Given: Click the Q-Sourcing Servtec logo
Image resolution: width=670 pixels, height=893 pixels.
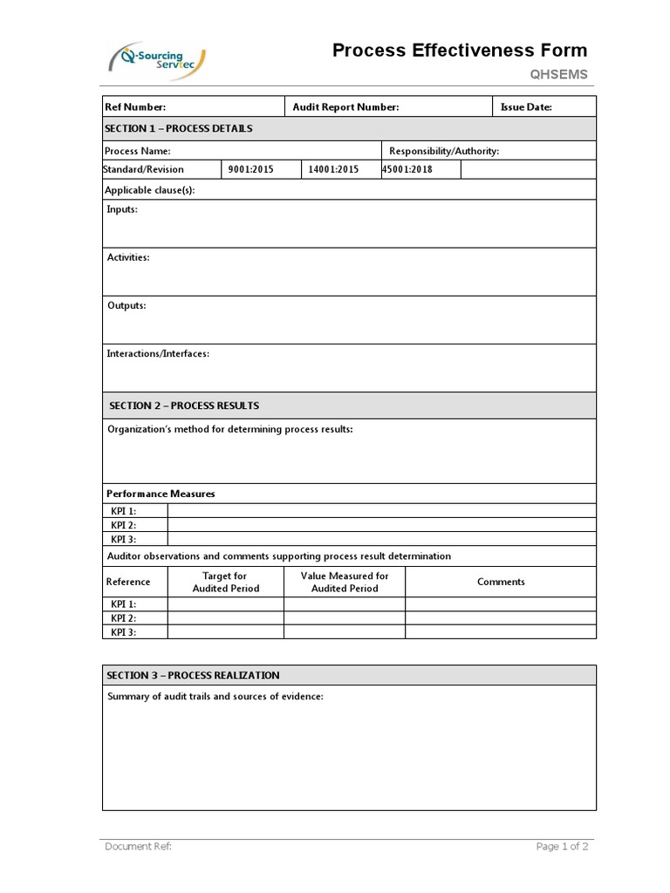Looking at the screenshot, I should click(157, 60).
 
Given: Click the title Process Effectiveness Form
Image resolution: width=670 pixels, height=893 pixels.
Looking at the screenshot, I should click(459, 51).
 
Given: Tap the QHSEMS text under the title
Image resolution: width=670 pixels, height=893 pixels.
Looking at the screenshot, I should click(559, 75).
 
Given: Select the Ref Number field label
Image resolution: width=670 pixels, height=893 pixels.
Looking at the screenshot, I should click(135, 107).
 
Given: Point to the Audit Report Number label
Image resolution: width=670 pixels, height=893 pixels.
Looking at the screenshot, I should click(345, 107).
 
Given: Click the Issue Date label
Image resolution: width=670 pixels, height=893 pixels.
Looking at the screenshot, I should click(526, 107).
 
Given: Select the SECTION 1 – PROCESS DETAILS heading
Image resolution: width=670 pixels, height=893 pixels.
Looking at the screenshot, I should click(179, 128).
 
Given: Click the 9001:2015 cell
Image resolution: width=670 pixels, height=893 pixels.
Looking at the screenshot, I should click(250, 170).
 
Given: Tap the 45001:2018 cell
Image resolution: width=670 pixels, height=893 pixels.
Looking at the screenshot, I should click(407, 170).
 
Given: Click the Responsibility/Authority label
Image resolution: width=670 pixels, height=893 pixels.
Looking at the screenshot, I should click(444, 151).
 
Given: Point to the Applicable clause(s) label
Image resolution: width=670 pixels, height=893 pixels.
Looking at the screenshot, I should click(149, 190).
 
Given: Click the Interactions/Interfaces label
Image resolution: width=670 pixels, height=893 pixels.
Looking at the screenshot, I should click(158, 354).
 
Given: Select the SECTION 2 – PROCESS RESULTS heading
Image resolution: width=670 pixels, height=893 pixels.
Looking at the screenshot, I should click(184, 406).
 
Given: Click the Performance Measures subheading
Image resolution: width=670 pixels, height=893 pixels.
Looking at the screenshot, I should click(161, 494).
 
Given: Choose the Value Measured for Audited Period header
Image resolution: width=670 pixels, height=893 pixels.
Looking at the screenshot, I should click(345, 582).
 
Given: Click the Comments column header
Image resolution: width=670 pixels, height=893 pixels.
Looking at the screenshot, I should click(501, 582).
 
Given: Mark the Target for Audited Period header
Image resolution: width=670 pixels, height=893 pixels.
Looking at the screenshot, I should click(225, 582).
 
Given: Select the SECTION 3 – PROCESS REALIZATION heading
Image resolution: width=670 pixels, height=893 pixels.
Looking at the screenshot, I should click(193, 675).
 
